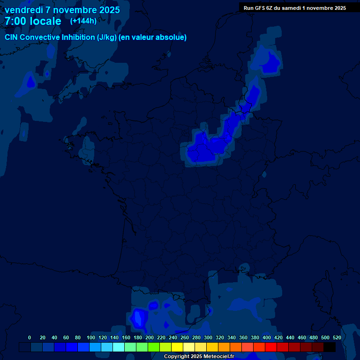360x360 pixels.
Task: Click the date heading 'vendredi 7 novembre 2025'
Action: (62, 10)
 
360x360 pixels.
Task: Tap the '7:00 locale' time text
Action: (33, 21)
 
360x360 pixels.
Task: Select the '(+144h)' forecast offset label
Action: (83, 21)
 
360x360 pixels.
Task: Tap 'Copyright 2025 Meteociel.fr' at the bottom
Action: (198, 356)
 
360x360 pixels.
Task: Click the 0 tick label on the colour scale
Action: (30, 337)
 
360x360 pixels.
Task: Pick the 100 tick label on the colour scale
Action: (91, 337)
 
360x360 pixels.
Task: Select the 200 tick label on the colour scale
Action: (150, 337)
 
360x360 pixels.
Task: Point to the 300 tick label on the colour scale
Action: (208, 337)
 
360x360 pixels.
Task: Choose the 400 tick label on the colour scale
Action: (267, 337)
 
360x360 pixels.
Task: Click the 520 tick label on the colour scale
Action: (337, 337)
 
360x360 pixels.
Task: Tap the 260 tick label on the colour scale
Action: (185, 337)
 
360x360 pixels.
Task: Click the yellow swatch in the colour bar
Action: (177, 347)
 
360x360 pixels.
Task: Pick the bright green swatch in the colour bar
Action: (154, 347)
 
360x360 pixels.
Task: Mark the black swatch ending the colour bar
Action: (330, 347)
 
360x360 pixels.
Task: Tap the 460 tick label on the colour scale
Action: (302, 337)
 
